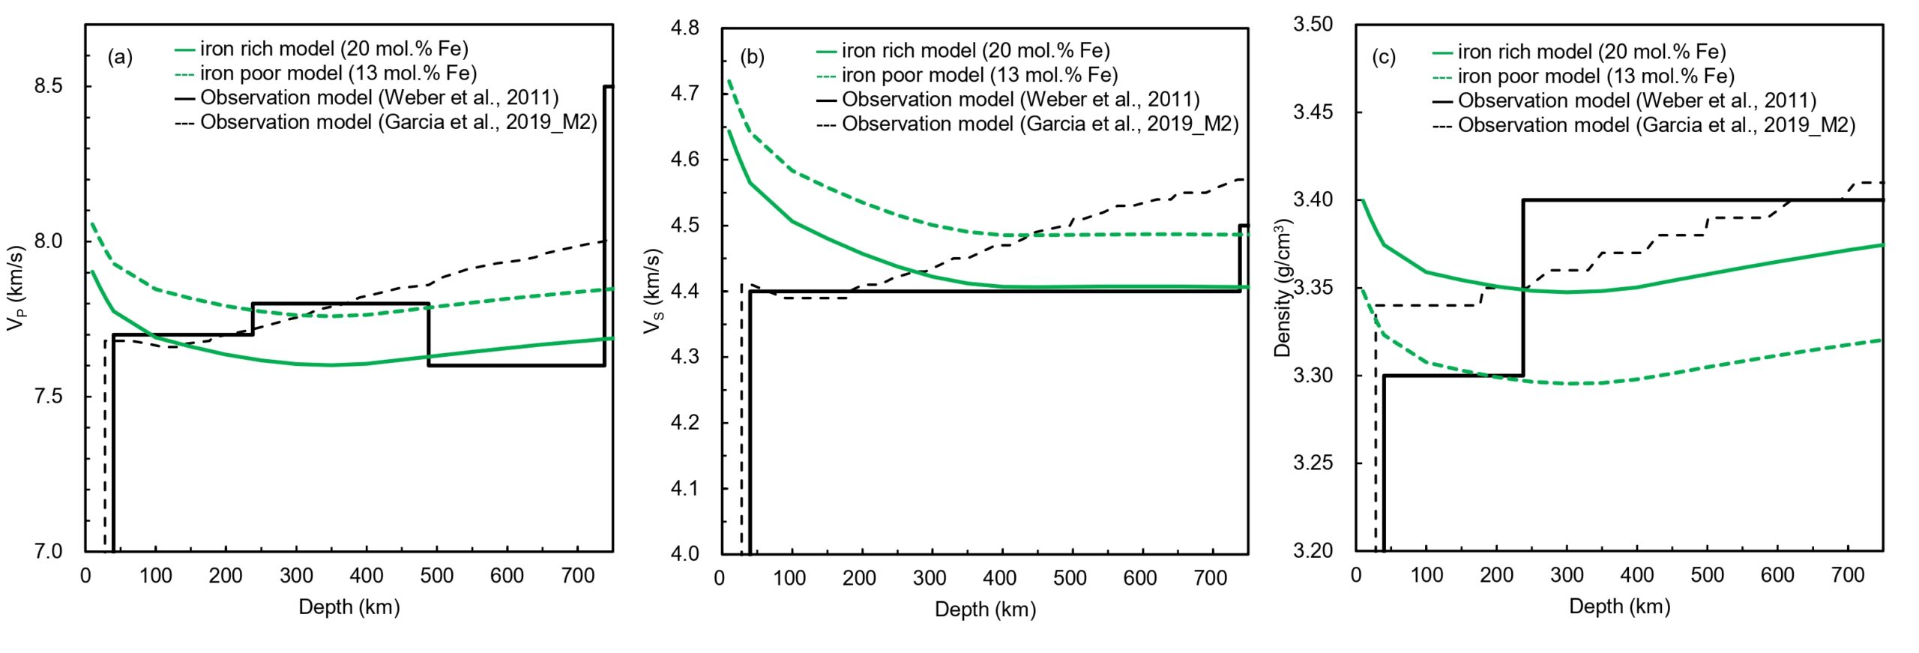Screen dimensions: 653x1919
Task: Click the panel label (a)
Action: pos(120,57)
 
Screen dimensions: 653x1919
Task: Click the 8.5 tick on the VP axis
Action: pos(48,85)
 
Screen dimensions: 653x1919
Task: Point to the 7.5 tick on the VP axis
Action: pos(48,396)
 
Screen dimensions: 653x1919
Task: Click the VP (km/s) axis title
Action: pos(16,288)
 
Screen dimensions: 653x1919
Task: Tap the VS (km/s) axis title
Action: pos(653,291)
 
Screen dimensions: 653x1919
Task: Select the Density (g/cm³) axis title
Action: pos(1284,288)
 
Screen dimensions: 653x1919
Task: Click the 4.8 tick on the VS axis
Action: pos(684,28)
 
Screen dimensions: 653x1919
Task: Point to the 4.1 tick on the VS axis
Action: pos(684,488)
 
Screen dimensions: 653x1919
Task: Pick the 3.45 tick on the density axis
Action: pos(1313,112)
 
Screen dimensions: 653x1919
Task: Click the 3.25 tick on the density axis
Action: pos(1313,463)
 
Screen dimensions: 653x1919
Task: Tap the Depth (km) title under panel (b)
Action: pos(985,610)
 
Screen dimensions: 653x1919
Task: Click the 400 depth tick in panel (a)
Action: pos(367,576)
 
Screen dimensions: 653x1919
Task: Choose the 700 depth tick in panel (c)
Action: pos(1847,575)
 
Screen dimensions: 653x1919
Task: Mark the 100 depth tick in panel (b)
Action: pos(789,578)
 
